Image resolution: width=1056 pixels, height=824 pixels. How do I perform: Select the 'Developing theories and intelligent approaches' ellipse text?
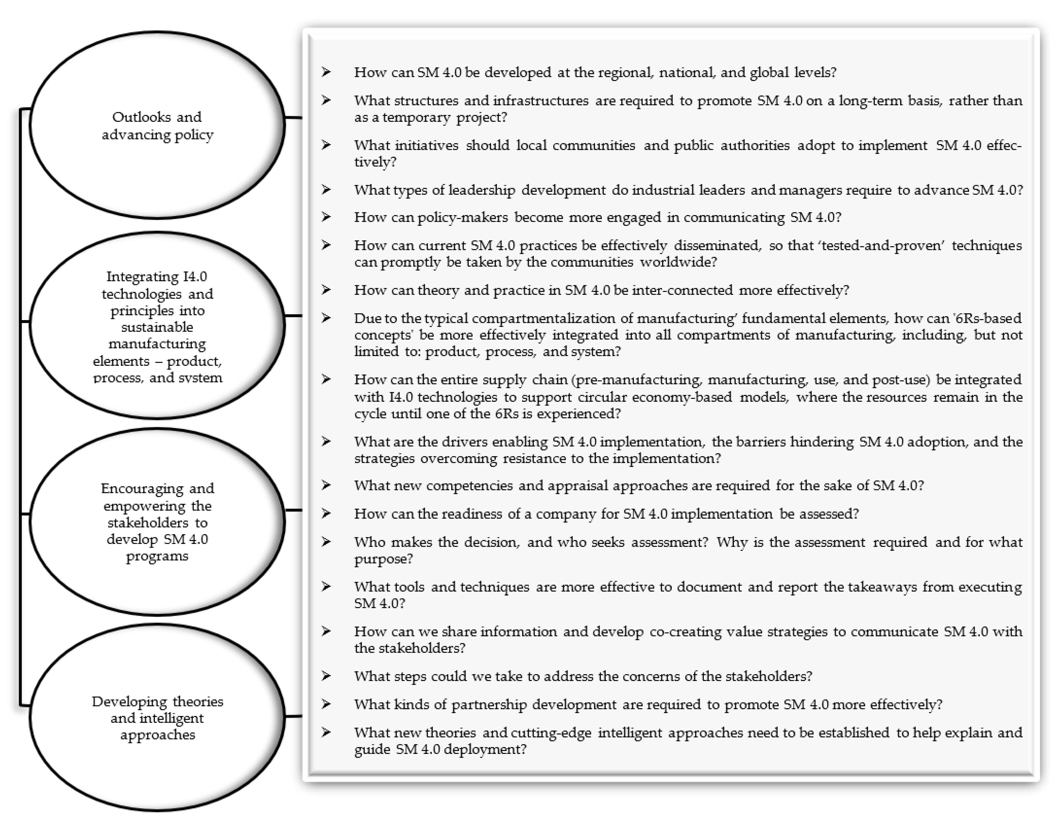coord(157,718)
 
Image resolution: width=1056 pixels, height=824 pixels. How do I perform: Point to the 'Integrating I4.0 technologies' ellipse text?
coord(157,326)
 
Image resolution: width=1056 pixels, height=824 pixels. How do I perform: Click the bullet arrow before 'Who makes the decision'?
coord(326,542)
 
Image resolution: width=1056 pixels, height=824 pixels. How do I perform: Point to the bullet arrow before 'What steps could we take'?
coord(326,676)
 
